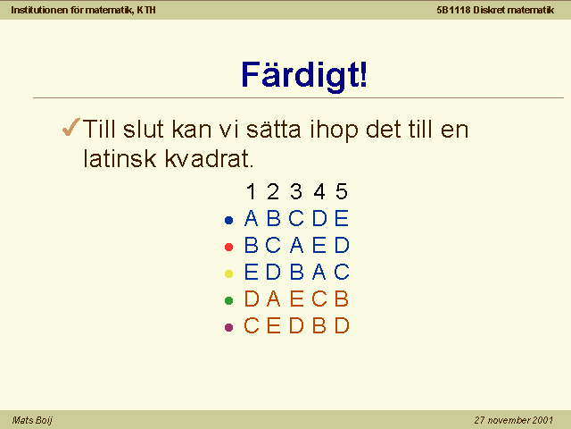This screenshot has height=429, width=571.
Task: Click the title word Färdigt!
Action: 304,75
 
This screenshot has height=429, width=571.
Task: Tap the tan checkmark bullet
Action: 70,127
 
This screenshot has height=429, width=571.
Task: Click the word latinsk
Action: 120,158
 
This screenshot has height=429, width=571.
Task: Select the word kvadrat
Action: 209,158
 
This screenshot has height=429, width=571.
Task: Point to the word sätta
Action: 274,129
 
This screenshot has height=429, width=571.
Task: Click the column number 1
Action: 251,191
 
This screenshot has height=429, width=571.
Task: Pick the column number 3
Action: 296,191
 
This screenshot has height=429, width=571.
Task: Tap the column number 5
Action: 342,191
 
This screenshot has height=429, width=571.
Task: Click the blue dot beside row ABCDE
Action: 228,221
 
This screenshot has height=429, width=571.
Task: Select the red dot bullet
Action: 228,247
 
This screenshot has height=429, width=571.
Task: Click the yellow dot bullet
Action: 228,273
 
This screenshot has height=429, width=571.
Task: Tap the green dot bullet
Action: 228,300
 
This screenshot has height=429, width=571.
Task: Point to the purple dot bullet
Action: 228,327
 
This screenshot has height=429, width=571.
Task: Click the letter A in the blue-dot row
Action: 251,218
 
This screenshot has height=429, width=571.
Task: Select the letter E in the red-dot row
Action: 319,245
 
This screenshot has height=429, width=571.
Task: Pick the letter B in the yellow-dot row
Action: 297,272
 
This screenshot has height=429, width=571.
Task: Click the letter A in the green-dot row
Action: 274,299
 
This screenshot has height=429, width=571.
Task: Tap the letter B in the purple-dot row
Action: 319,325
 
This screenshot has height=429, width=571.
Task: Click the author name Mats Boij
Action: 32,420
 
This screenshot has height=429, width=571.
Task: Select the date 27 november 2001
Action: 514,420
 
